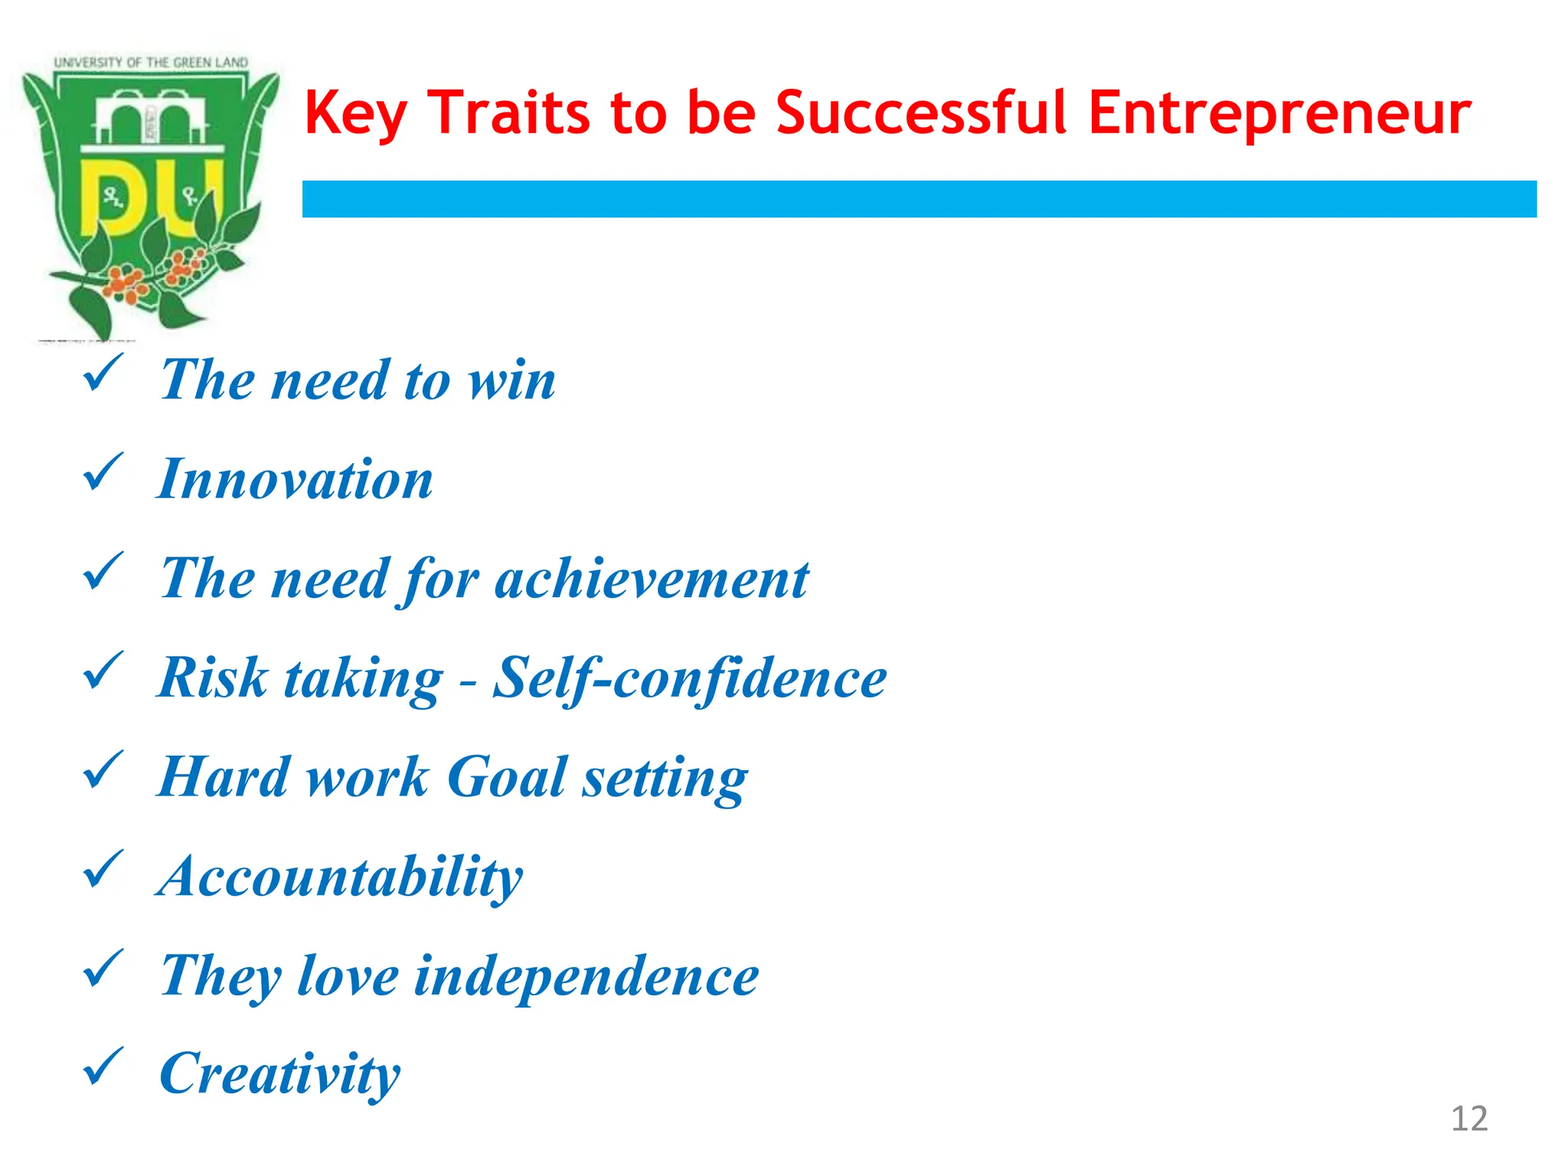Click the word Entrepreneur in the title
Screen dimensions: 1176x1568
click(1279, 113)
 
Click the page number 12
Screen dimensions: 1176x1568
click(1469, 1119)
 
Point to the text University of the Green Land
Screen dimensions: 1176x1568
click(151, 62)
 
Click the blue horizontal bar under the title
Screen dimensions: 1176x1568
click(919, 199)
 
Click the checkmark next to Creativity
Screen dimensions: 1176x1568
click(102, 1066)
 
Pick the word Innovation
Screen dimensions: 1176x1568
click(296, 479)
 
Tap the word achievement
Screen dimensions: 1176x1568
click(652, 579)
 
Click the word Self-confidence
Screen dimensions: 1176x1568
click(689, 678)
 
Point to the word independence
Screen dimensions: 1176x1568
click(586, 977)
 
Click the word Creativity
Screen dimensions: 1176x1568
click(279, 1074)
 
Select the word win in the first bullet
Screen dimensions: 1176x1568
click(512, 380)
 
